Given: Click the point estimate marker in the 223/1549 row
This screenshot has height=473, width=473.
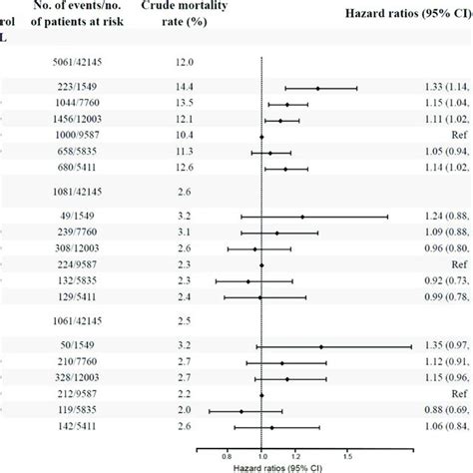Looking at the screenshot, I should click(318, 88).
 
